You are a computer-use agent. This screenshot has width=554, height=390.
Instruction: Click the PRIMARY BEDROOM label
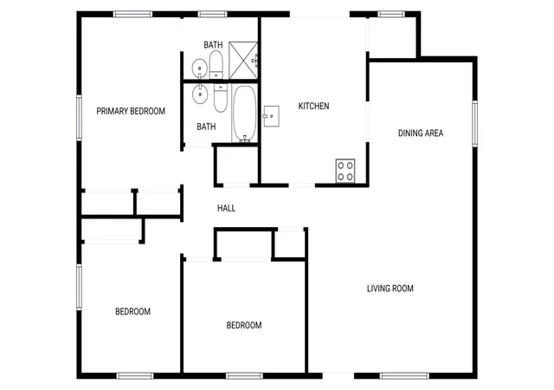coord(131,111)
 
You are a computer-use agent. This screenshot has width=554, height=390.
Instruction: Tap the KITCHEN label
coord(313,106)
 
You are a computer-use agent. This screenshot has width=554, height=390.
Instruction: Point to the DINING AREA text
coord(421,133)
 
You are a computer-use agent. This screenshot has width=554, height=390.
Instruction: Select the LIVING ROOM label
coord(390,289)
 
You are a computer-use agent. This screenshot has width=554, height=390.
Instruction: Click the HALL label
coord(226,208)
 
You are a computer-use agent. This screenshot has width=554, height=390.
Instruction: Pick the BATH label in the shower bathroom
coord(213,45)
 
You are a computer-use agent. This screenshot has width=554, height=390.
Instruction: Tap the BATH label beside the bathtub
coord(206,127)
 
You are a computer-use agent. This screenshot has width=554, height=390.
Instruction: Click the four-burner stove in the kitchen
coord(345,171)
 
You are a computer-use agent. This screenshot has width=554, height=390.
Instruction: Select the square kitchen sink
coord(271,116)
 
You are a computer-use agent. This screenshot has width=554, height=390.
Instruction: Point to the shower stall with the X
coord(243,60)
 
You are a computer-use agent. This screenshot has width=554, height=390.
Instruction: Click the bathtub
coord(244,114)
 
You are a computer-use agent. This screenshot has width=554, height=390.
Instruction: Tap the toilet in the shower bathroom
coord(216,64)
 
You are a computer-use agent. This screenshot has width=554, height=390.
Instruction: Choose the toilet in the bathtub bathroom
coord(221,97)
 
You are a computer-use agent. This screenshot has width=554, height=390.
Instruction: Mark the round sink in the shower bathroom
coord(200,68)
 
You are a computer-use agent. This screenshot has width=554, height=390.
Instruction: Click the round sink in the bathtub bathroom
coord(200,94)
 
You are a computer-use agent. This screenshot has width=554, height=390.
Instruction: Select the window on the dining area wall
coord(475,124)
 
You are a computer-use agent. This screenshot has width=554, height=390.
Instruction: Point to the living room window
coord(404,375)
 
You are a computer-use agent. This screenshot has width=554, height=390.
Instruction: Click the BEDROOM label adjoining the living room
coord(244,325)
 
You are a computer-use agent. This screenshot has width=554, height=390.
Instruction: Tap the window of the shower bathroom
coord(212,14)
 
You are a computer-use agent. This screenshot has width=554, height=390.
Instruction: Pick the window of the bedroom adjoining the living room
coord(244,375)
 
